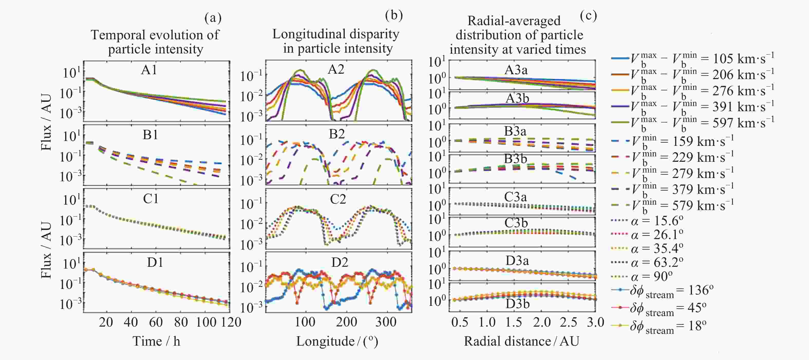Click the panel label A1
tap(149, 70)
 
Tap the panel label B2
tap(337, 134)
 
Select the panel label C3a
tap(516, 197)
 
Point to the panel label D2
tap(340, 262)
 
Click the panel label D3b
tap(518, 304)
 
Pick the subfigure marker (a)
tap(213, 18)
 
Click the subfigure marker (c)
tap(588, 16)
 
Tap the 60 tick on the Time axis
tap(156, 322)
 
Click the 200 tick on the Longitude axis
tap(346, 322)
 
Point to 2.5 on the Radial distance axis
tap(568, 322)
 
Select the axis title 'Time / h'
tap(156, 341)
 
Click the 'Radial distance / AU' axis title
tap(521, 341)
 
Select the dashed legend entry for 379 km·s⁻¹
tap(672, 189)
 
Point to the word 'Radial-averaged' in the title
tap(514, 21)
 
